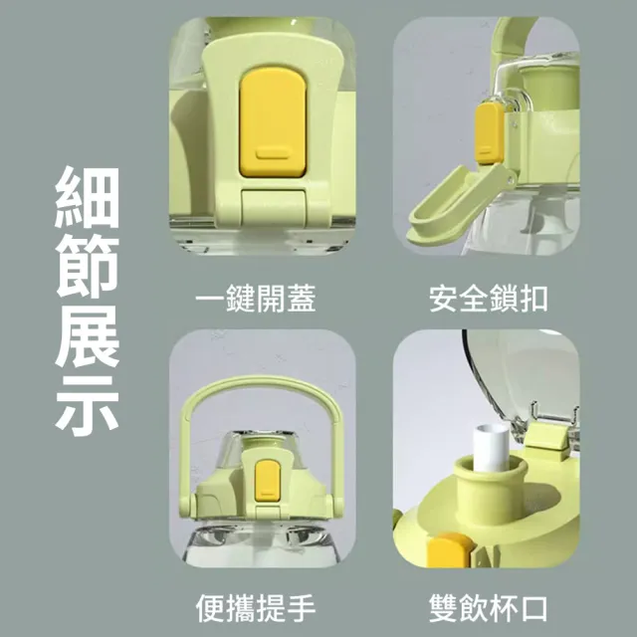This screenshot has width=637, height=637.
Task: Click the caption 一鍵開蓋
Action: pyautogui.click(x=256, y=299)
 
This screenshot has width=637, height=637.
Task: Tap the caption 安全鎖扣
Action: pyautogui.click(x=489, y=299)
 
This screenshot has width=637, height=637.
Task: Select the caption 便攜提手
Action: pyautogui.click(x=256, y=608)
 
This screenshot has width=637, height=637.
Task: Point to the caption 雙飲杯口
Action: pyautogui.click(x=489, y=608)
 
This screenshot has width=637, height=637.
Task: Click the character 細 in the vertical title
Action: pyautogui.click(x=87, y=197)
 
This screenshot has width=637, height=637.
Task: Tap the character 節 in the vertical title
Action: pyautogui.click(x=87, y=267)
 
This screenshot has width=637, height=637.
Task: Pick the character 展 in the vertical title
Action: pyautogui.click(x=87, y=336)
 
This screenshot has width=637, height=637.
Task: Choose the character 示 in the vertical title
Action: pyautogui.click(x=87, y=406)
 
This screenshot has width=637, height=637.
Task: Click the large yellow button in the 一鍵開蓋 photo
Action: pyautogui.click(x=272, y=122)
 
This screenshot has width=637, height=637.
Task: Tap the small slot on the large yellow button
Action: pyautogui.click(x=272, y=153)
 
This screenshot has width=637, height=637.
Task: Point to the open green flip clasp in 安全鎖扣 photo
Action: pyautogui.click(x=458, y=204)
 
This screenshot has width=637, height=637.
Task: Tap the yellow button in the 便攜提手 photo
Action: pyautogui.click(x=267, y=481)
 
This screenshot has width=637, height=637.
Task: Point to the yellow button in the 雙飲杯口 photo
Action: pyautogui.click(x=450, y=550)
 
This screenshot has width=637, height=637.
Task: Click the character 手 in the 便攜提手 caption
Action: pyautogui.click(x=301, y=608)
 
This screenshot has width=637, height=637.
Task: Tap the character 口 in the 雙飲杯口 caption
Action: pyautogui.click(x=534, y=608)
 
